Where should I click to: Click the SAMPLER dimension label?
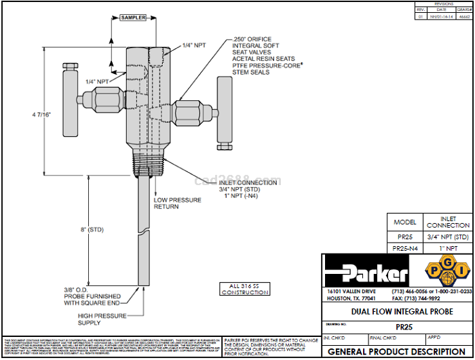[x=133, y=18]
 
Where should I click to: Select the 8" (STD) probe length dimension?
[x=92, y=231]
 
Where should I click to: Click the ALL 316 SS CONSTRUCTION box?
[x=242, y=288]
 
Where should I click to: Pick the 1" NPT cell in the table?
[x=448, y=249]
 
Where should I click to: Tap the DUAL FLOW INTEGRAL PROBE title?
[x=396, y=311]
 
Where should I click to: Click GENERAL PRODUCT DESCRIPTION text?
[x=396, y=351]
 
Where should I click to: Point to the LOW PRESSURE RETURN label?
[x=177, y=203]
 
